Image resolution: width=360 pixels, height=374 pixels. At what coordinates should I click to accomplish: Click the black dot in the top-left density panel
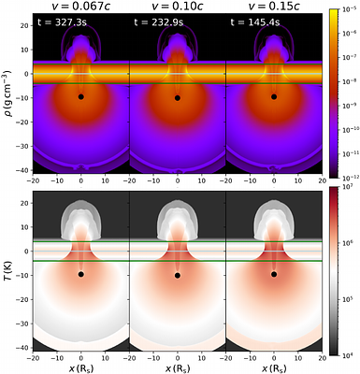click(81, 96)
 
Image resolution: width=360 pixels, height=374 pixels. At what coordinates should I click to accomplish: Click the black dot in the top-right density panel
click(274, 96)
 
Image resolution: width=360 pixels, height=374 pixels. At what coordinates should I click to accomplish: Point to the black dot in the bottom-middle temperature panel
click(178, 275)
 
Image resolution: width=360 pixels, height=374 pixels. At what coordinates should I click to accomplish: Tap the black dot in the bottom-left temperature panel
click(81, 275)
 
